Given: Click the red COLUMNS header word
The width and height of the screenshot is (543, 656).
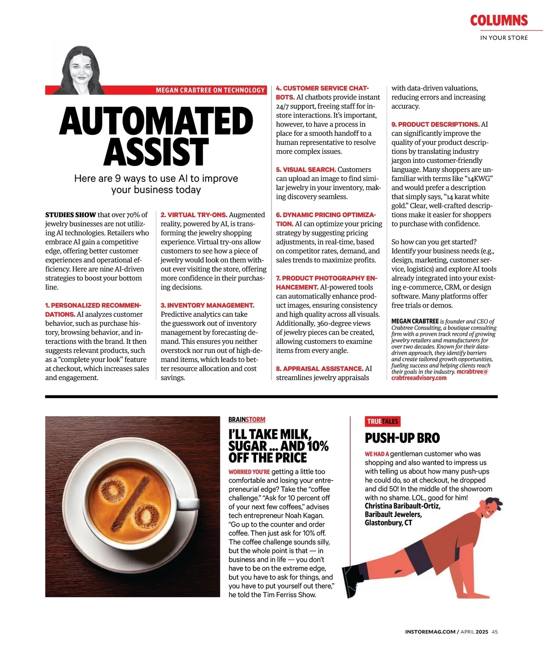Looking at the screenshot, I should pyautogui.click(x=499, y=20).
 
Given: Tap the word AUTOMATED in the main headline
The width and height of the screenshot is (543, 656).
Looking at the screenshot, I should pyautogui.click(x=156, y=121).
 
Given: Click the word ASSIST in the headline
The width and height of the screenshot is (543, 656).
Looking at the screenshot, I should pyautogui.click(x=156, y=152).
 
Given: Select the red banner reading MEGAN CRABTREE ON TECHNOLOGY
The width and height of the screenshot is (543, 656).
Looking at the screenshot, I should pyautogui.click(x=210, y=90).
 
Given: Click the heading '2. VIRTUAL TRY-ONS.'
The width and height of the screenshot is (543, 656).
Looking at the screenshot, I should pyautogui.click(x=194, y=215).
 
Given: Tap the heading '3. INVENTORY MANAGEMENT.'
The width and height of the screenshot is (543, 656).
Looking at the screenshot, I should pyautogui.click(x=207, y=305).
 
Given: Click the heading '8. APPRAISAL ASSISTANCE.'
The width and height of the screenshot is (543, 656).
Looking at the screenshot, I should pyautogui.click(x=319, y=369).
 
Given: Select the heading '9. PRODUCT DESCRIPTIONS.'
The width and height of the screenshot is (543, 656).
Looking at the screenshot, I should pyautogui.click(x=435, y=124).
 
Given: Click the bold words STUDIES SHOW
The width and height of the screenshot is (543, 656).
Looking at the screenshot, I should pyautogui.click(x=71, y=215).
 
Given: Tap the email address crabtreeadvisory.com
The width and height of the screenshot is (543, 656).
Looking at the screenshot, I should pyautogui.click(x=419, y=378).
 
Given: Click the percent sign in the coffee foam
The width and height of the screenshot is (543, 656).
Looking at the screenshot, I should pyautogui.click(x=129, y=500).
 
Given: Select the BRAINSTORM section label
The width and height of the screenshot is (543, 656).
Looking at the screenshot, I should pyautogui.click(x=247, y=420).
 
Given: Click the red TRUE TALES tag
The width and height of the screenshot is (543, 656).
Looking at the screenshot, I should pyautogui.click(x=382, y=421).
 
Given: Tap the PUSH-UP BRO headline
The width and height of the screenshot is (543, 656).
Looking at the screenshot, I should pyautogui.click(x=402, y=438).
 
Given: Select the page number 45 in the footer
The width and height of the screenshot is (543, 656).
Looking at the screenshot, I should pyautogui.click(x=495, y=632).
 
